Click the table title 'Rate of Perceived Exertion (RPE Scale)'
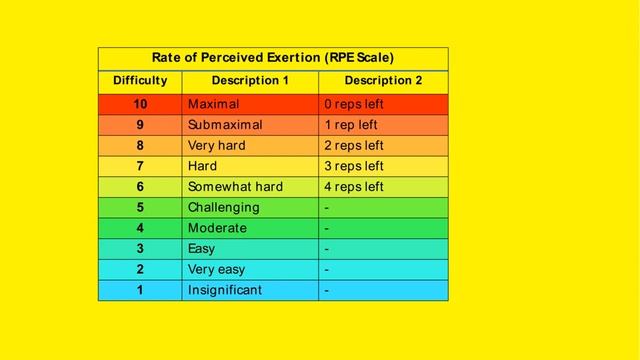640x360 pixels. coord(273,58)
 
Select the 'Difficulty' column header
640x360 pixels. coord(140,81)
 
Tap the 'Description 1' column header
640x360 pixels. coord(250,81)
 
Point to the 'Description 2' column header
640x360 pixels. coord(383,81)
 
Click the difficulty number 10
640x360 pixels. coord(140,104)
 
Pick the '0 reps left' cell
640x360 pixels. coord(354,104)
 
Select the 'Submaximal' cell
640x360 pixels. coord(225,125)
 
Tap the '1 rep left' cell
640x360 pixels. coord(351,125)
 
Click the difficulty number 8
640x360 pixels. coord(140,146)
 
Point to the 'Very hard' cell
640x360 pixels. coord(216,146)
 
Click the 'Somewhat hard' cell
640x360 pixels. coord(235,187)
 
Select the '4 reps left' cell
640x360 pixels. coord(354,187)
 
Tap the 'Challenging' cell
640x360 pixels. coord(223,208)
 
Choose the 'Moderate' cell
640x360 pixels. coord(217,228)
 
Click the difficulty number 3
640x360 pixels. coord(140,249)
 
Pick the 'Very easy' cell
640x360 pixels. coord(216,269)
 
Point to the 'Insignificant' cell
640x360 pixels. coord(225,290)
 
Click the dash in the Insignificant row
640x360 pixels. coord(327,291)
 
